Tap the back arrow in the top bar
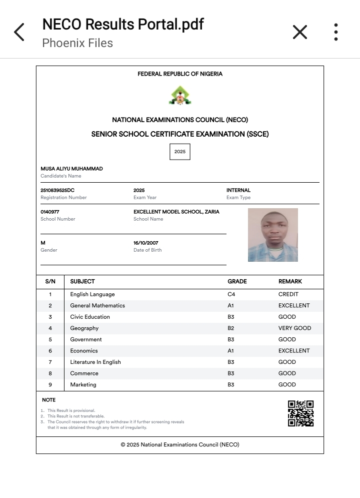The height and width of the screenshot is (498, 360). click(x=19, y=32)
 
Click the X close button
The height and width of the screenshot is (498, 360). click(x=299, y=32)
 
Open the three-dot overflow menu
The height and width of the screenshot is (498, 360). click(x=336, y=32)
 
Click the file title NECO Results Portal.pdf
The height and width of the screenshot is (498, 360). click(x=122, y=24)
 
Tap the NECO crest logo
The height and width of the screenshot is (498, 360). click(x=179, y=95)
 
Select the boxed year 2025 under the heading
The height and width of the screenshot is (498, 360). click(x=180, y=152)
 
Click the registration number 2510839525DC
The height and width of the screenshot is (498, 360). click(x=57, y=190)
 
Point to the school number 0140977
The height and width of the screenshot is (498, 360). click(x=50, y=212)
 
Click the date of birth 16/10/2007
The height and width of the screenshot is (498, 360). click(x=146, y=243)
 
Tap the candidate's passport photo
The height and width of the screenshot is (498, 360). click(x=273, y=235)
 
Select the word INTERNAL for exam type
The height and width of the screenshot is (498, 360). click(x=238, y=190)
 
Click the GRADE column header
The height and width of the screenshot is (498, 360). click(x=237, y=281)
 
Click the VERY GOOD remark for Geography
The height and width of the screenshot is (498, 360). click(x=294, y=328)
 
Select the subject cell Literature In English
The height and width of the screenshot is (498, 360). click(x=95, y=362)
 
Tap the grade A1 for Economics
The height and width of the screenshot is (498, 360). click(x=231, y=351)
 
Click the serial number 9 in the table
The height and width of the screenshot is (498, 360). click(x=50, y=384)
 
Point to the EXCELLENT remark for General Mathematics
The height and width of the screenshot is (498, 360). click(x=294, y=305)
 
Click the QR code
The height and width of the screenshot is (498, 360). click(x=301, y=413)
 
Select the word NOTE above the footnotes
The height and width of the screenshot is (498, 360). click(x=49, y=400)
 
